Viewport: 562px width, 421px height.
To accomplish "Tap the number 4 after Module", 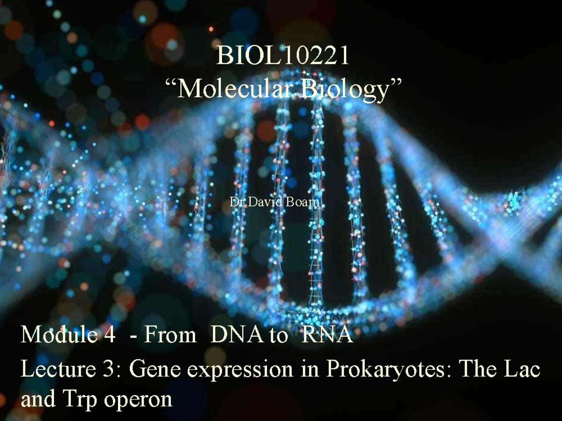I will pos(109,335).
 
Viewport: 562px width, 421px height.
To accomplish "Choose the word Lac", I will pos(524,370).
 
